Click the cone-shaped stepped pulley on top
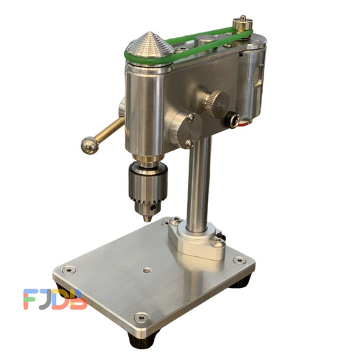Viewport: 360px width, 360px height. (150, 45)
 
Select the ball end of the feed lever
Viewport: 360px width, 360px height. (90, 145)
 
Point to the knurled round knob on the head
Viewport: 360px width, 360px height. (217, 104)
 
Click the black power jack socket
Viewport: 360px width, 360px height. (232, 120)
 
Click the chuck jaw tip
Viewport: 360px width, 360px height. (148, 219)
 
